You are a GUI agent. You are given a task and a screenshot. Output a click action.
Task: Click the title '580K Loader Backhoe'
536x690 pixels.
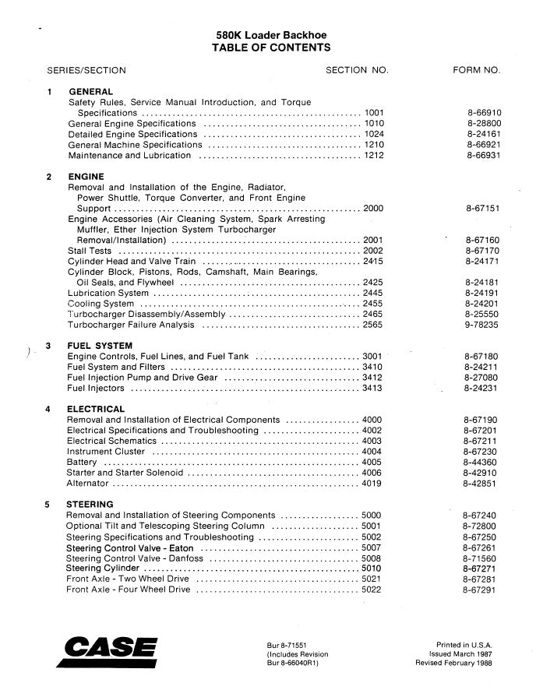(x=271, y=35)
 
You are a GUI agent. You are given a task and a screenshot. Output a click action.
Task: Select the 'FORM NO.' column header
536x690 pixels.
(x=476, y=70)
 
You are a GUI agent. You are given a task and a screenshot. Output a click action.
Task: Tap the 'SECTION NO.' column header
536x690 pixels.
(x=356, y=70)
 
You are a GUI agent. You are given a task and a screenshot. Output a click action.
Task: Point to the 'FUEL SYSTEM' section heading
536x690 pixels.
(x=100, y=346)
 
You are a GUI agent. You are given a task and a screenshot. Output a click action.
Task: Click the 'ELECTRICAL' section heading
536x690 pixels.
(x=96, y=409)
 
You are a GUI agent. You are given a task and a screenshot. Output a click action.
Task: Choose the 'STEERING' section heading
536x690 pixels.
(x=90, y=504)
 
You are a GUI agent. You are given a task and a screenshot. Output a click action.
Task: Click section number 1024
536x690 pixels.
(x=374, y=134)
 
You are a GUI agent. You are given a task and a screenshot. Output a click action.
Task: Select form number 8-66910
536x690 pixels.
(x=484, y=113)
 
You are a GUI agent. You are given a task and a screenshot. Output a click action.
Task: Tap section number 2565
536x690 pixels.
(x=373, y=326)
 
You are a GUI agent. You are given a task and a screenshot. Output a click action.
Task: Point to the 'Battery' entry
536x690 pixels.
(x=83, y=462)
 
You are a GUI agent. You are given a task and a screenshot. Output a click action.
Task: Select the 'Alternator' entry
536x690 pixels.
(x=87, y=484)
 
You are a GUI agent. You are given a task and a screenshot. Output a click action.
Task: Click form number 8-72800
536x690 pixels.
(x=479, y=526)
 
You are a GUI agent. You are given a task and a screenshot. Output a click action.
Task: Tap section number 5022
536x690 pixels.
(x=372, y=590)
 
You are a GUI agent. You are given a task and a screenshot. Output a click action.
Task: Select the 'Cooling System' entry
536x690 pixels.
(x=101, y=304)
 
